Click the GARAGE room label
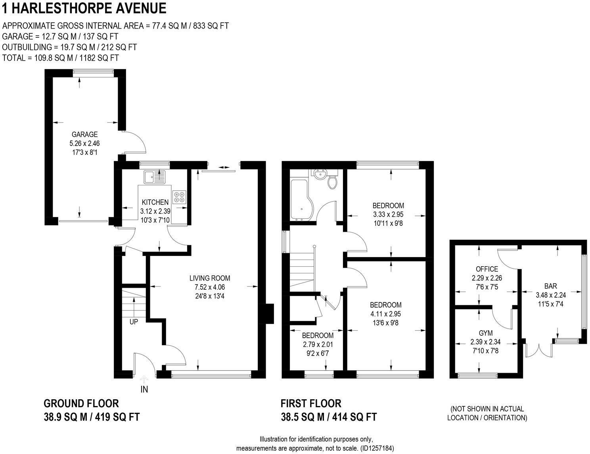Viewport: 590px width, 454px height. (84, 135)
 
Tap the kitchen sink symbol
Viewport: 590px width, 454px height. (155, 177)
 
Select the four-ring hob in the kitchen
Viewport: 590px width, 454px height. (180, 197)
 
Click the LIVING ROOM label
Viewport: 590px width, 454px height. (209, 279)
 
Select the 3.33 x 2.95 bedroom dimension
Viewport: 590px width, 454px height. (388, 214)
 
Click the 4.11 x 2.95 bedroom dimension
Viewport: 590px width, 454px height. (385, 314)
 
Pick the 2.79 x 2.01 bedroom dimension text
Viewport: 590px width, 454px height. (318, 344)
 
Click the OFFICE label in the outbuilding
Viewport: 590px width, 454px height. (487, 269)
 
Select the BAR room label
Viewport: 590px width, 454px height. (550, 286)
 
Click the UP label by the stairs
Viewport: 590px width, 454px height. (134, 322)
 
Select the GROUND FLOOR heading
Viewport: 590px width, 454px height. (81, 404)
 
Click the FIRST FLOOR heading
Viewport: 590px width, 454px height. (311, 404)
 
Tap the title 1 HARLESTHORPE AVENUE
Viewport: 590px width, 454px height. (84, 8)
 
